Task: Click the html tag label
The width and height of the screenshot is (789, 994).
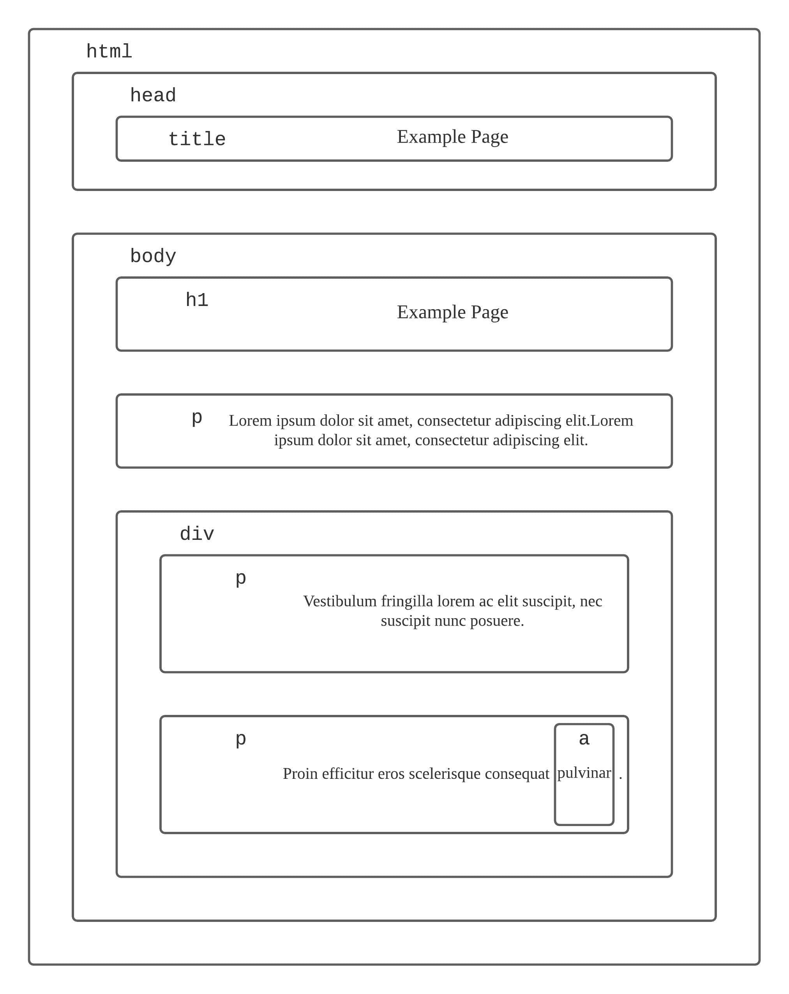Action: tap(109, 51)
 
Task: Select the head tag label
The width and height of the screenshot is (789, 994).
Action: tap(153, 96)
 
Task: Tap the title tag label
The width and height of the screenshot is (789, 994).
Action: tap(197, 139)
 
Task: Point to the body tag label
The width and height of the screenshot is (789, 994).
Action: tap(153, 256)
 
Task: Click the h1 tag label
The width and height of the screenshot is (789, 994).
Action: tap(197, 300)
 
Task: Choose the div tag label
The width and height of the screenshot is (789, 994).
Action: tap(197, 534)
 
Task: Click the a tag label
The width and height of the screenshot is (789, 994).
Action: tap(584, 739)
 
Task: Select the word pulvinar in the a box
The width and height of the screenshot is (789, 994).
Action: tap(584, 773)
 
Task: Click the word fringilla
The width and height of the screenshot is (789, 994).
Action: tap(407, 601)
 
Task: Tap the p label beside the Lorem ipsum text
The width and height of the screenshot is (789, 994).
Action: tap(197, 418)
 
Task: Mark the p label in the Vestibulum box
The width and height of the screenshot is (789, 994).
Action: tap(240, 578)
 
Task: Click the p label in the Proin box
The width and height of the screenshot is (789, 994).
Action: tap(240, 739)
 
